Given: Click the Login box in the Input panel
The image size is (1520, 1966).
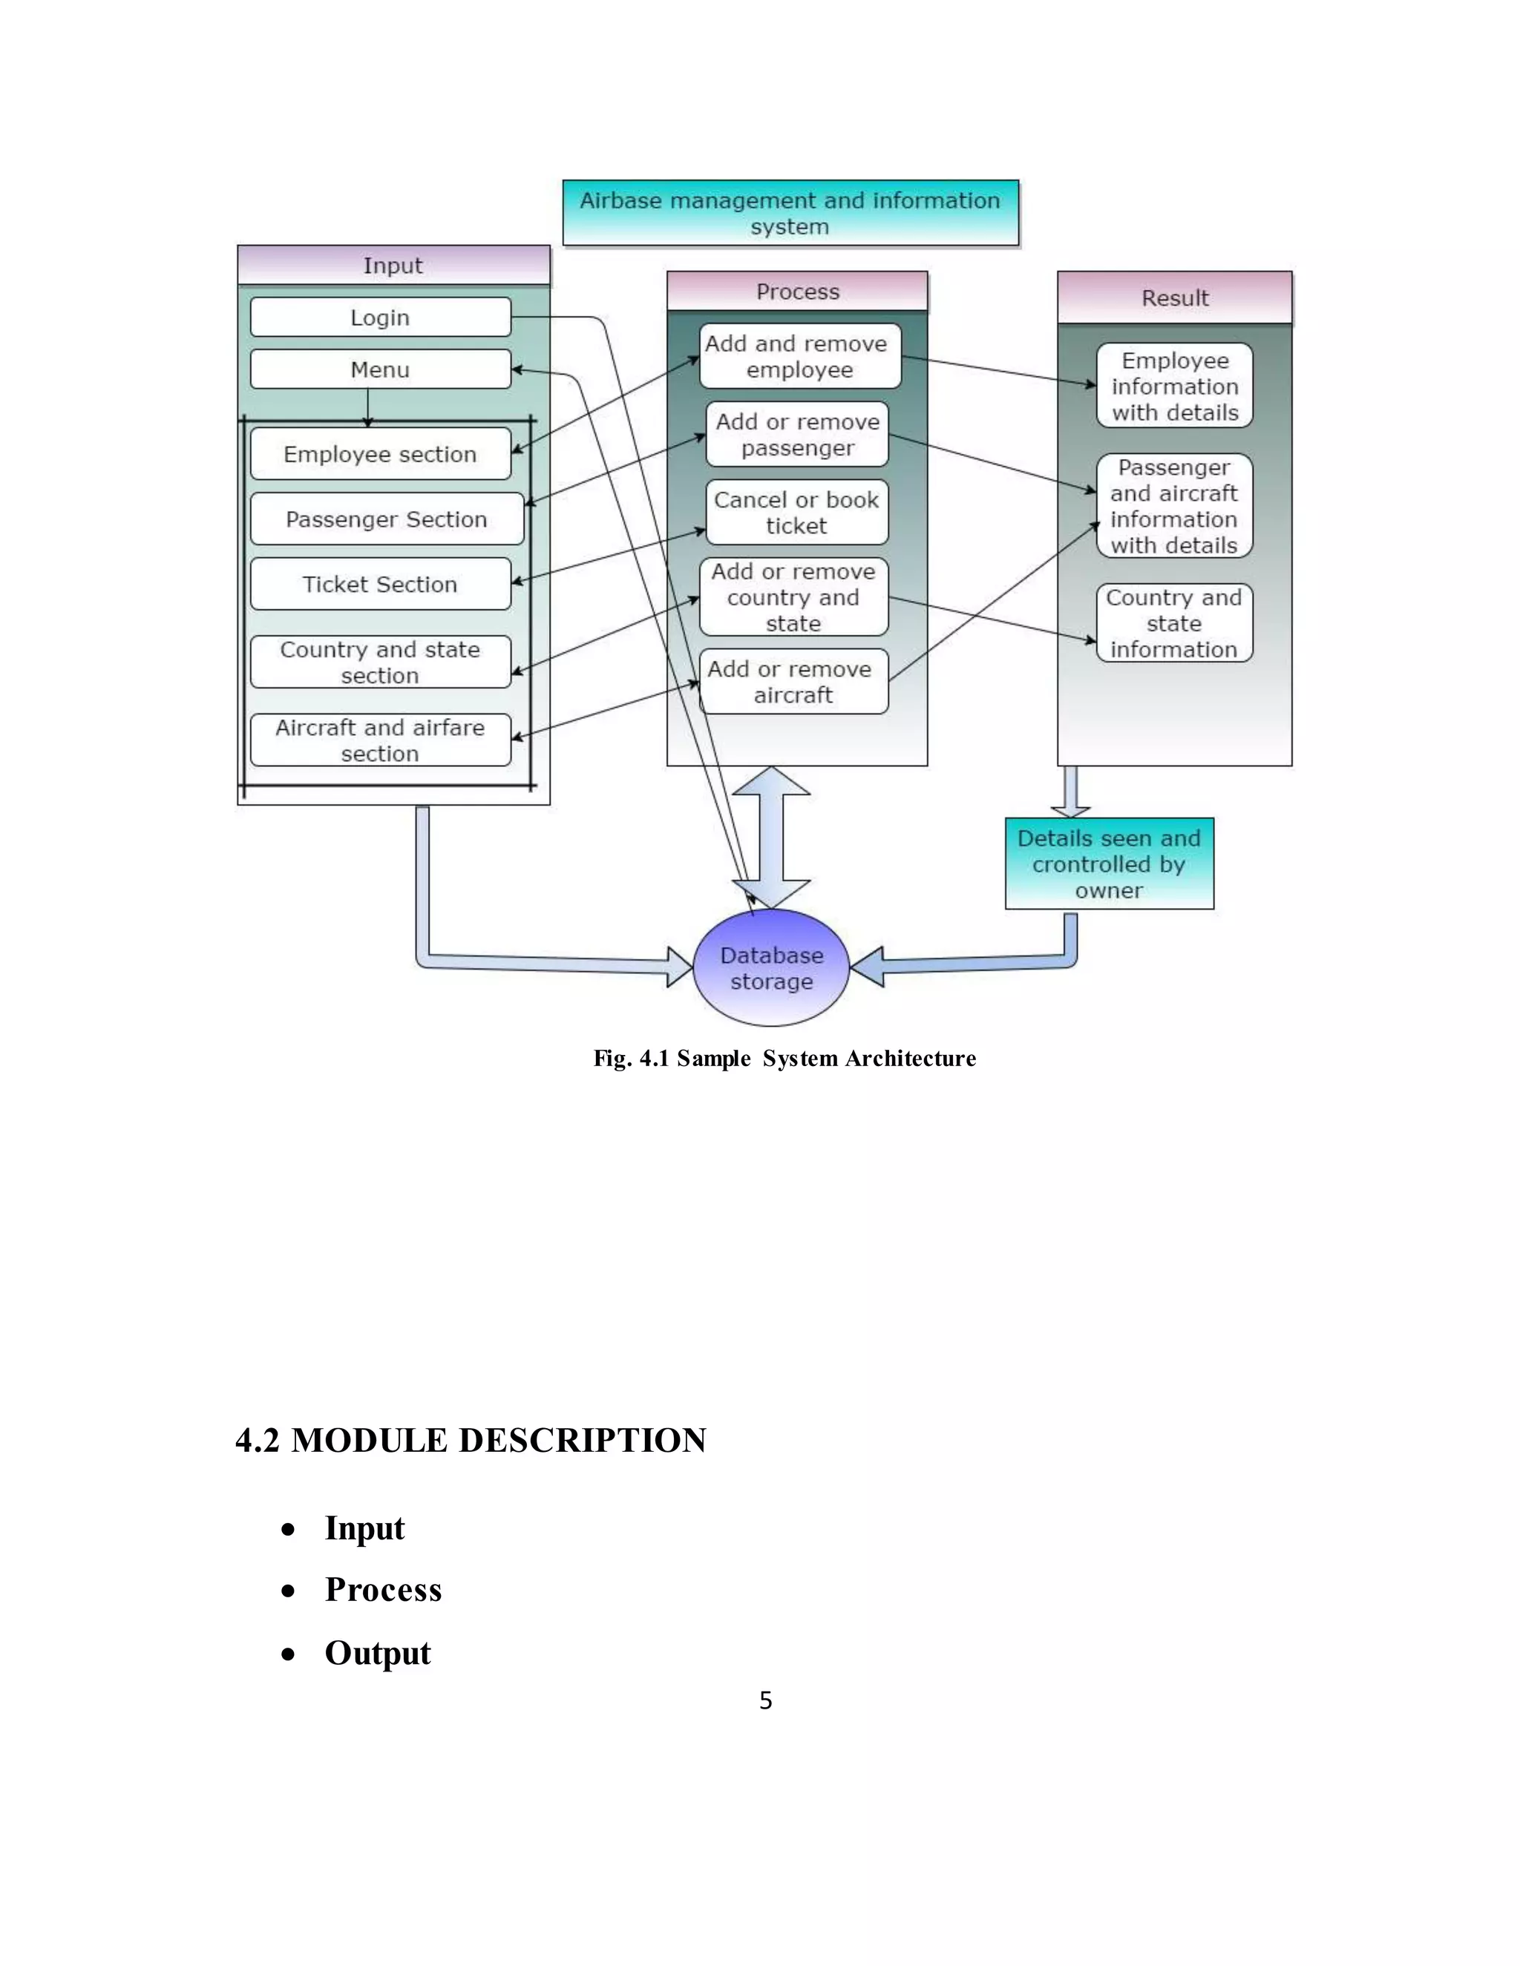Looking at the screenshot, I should (x=380, y=317).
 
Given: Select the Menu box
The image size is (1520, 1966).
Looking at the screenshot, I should (x=380, y=369).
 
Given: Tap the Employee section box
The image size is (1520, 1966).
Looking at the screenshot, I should (x=380, y=454).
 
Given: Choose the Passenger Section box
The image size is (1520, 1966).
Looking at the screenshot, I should (x=386, y=519).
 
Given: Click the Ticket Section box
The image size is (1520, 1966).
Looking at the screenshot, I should (x=380, y=584).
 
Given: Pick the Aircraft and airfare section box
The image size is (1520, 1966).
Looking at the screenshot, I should (x=380, y=740).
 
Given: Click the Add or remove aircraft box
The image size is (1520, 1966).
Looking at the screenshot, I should (x=793, y=682).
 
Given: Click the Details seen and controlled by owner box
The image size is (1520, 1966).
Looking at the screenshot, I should (x=1109, y=864).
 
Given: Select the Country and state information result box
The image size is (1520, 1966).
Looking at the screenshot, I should (x=1174, y=623).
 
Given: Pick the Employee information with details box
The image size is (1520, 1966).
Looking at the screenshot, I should (x=1174, y=387).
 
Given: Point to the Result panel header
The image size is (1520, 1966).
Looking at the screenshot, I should (x=1174, y=298).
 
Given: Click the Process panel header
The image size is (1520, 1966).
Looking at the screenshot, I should (x=797, y=292).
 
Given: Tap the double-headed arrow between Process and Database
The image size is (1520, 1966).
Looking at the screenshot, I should (x=771, y=837).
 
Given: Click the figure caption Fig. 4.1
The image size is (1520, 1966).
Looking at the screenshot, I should (x=784, y=1058).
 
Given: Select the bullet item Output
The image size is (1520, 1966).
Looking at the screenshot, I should (x=377, y=1653).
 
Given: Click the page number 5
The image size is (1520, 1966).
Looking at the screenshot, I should (x=765, y=1700).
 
